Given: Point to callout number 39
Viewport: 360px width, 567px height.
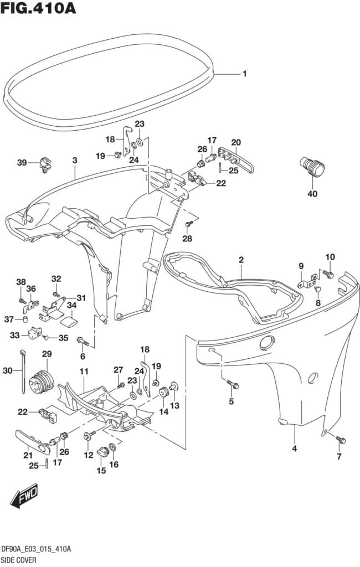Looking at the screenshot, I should (x=22, y=162).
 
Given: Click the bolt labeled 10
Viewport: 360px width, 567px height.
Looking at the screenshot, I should (x=328, y=274).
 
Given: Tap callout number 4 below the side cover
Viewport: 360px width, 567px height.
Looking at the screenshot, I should (x=295, y=449).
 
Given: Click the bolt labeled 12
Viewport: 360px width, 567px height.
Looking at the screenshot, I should (x=87, y=437).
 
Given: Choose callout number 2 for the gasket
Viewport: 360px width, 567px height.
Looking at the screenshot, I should (x=241, y=260).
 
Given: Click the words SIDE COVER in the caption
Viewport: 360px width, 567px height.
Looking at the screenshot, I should (x=18, y=560).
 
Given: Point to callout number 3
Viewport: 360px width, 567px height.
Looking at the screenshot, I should (x=74, y=161).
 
